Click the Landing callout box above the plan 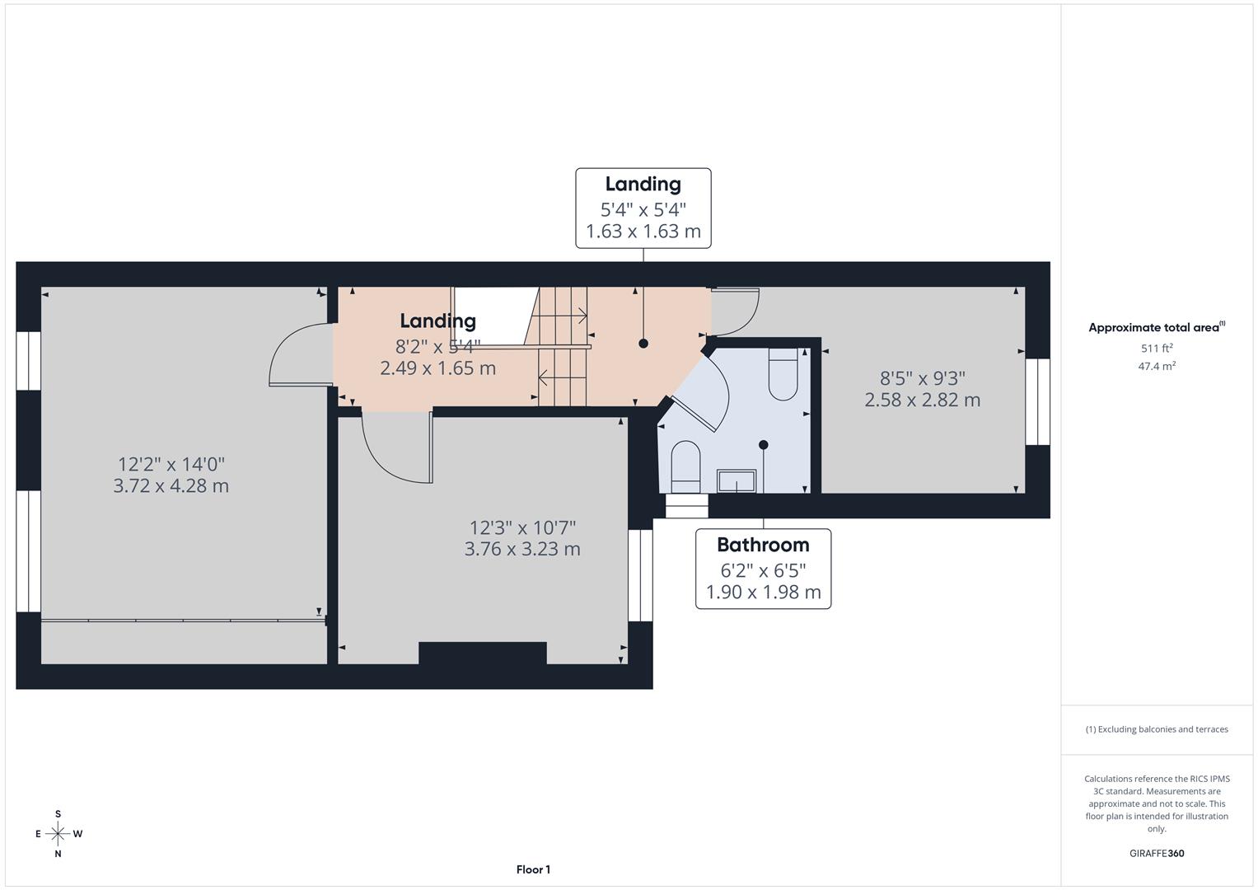(x=643, y=208)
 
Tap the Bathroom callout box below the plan (x=763, y=569)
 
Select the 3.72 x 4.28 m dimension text (x=171, y=485)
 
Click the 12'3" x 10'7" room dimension (x=523, y=527)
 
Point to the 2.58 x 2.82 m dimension (x=923, y=400)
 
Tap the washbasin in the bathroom (x=737, y=481)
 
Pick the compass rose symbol (x=58, y=834)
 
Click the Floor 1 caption (x=534, y=869)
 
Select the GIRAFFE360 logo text (x=1157, y=853)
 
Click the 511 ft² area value (x=1157, y=348)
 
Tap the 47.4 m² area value (x=1157, y=366)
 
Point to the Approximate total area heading (x=1157, y=327)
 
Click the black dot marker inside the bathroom (x=763, y=445)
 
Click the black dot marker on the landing (x=643, y=344)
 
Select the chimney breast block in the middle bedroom (x=483, y=653)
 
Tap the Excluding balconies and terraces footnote (x=1157, y=729)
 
